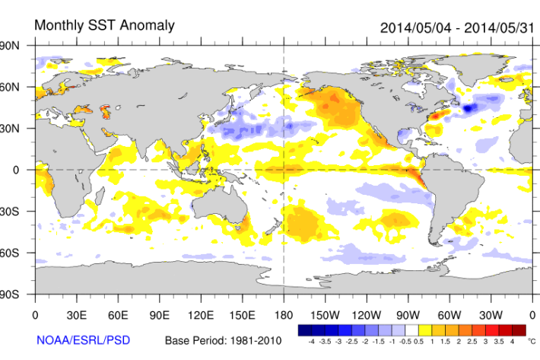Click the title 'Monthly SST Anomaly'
pos(104,25)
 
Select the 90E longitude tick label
pos(159,314)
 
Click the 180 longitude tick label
pos(284,314)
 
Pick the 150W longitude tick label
pos(325,314)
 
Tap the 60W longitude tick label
pos(449,314)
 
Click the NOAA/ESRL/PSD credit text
pos(81,339)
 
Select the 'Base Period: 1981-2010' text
pos(223,339)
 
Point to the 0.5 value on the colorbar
pos(418,342)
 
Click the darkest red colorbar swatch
pos(519,331)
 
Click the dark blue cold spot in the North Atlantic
pos(469,109)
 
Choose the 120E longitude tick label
pos(201,314)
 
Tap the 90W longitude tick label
pos(408,314)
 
